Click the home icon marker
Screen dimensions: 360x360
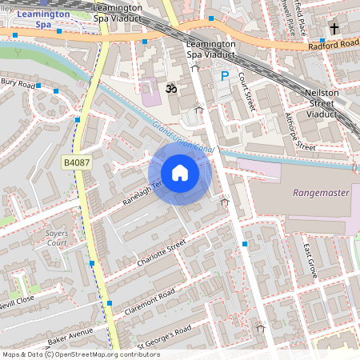(x=180, y=173)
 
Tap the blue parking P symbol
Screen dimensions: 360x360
(x=225, y=77)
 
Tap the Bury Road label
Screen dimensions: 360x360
(x=18, y=82)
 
